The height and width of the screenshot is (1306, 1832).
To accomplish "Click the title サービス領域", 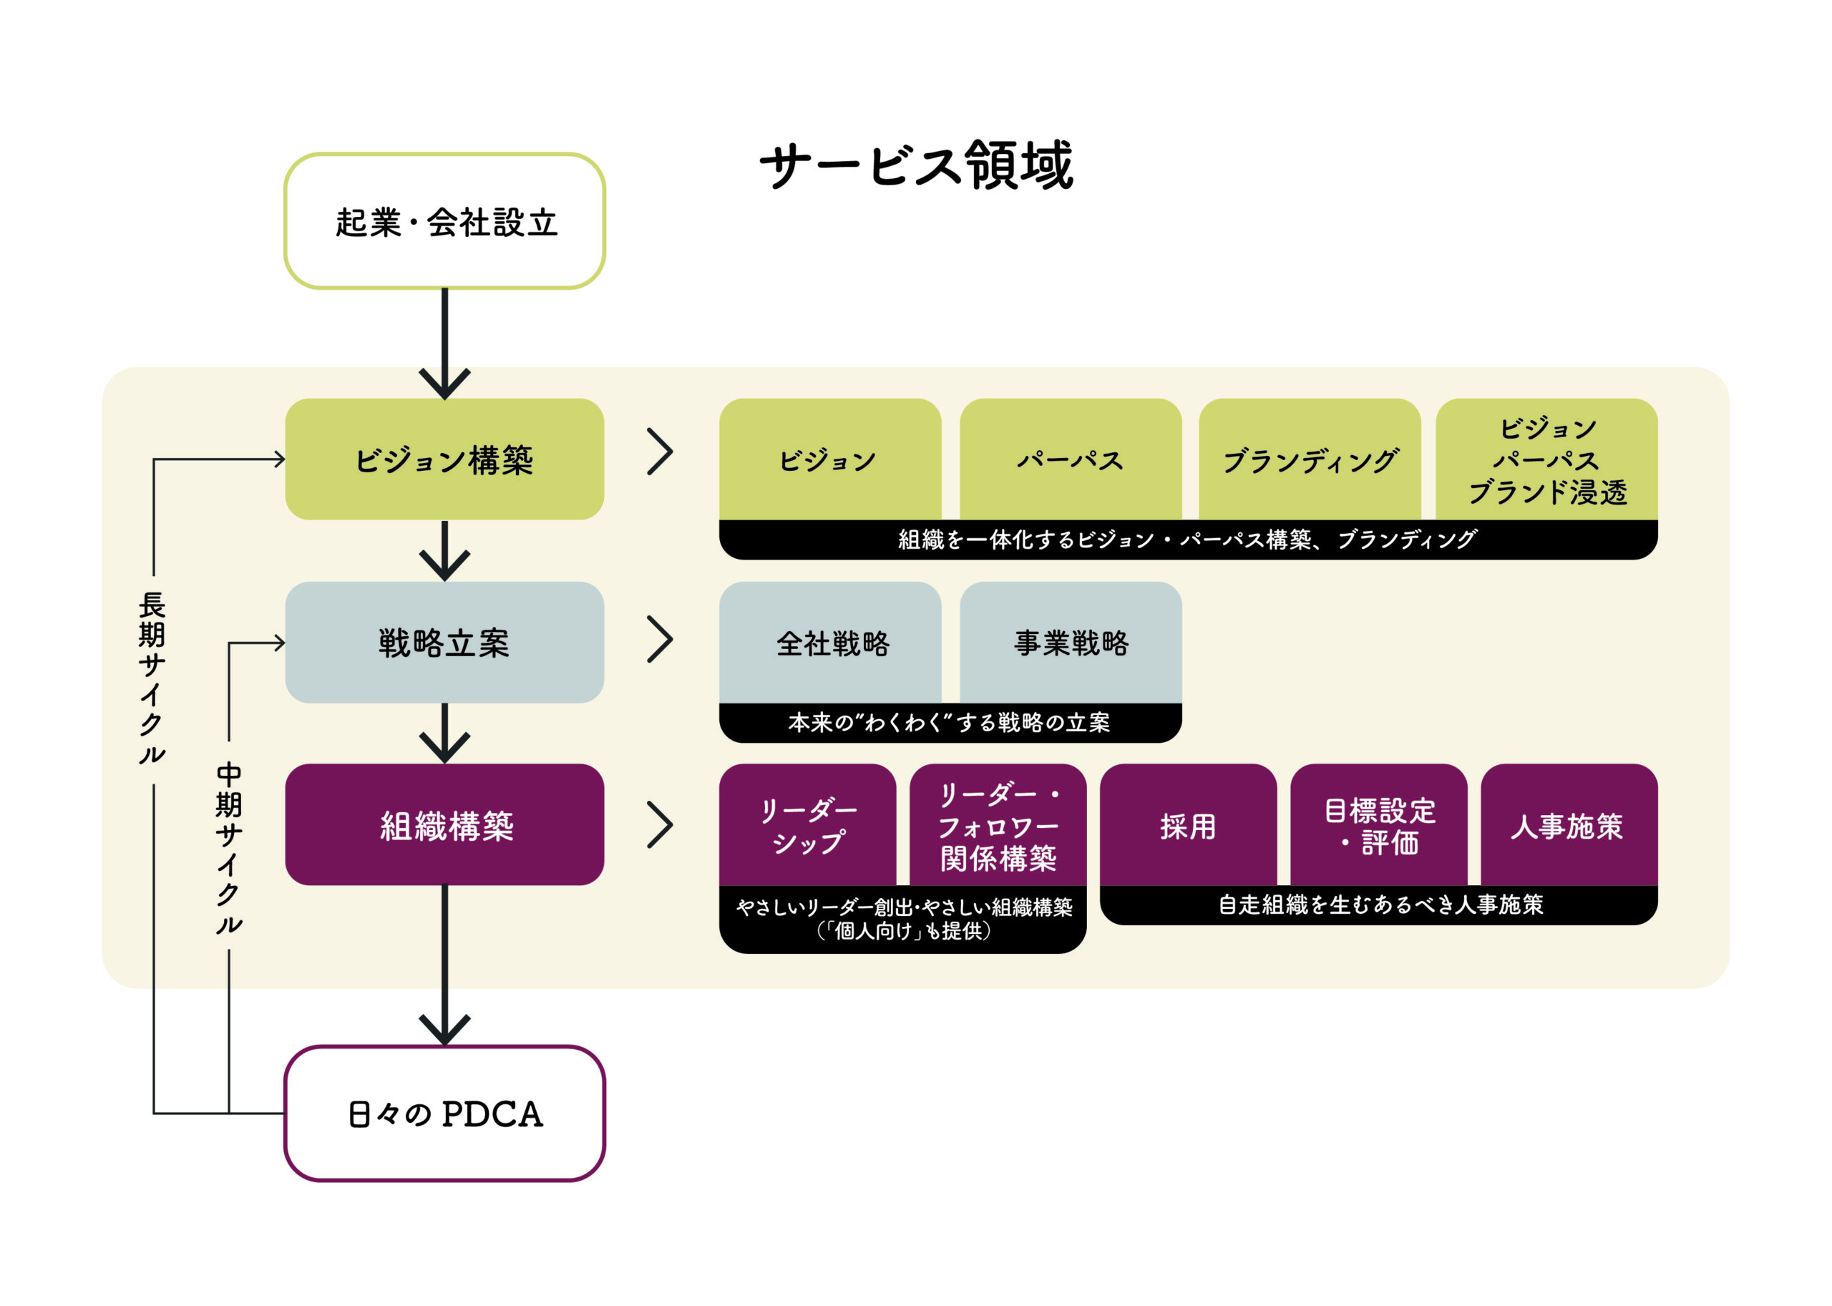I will tap(916, 167).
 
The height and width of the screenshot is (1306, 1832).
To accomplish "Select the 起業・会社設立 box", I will tap(444, 221).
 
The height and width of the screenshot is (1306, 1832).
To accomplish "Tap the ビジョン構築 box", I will tap(444, 459).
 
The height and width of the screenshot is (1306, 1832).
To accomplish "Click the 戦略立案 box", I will tap(444, 643).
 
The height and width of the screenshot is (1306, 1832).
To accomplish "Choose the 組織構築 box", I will tap(444, 825).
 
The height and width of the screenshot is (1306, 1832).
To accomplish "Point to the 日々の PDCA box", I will tap(444, 1113).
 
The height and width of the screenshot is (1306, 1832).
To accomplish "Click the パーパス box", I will tap(1071, 459).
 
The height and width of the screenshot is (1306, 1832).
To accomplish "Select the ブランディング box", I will tap(1310, 459).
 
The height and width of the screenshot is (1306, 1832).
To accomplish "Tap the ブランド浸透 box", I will tap(1546, 459).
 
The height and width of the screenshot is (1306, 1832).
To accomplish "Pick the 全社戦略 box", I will tap(831, 643).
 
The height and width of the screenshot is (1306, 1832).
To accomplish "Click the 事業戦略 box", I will tap(1071, 643).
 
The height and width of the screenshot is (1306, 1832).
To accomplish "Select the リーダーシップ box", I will tap(807, 825).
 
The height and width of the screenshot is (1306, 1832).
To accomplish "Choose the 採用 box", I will tap(1188, 825).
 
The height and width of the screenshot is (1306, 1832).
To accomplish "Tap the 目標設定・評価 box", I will tap(1378, 825).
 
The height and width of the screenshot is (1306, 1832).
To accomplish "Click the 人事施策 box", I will tap(1568, 825).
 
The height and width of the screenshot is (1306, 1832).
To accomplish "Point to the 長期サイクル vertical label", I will tap(152, 677).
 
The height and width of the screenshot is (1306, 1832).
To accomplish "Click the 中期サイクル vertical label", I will tap(229, 847).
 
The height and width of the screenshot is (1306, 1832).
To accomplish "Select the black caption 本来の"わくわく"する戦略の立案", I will tap(950, 722).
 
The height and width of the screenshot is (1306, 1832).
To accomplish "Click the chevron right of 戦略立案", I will tap(661, 640).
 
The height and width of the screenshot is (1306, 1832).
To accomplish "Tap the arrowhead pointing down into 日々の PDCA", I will tap(444, 1029).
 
